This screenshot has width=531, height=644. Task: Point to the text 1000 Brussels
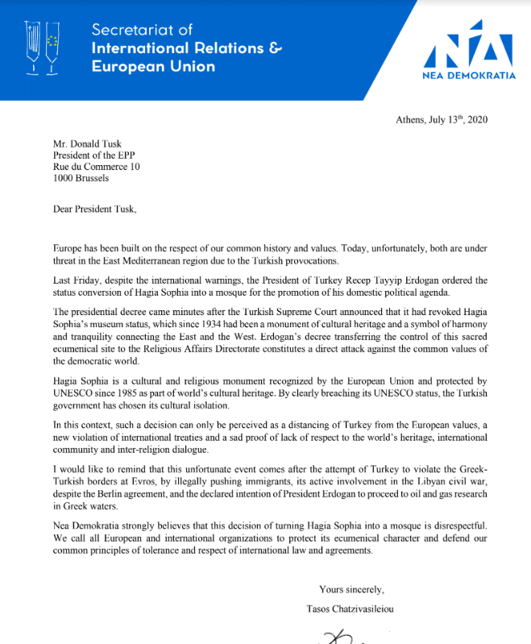coord(81,178)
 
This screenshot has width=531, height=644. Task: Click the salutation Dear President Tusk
coord(94,210)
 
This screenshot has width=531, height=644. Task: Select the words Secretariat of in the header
coord(142,30)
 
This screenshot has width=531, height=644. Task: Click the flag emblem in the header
coord(43,46)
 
